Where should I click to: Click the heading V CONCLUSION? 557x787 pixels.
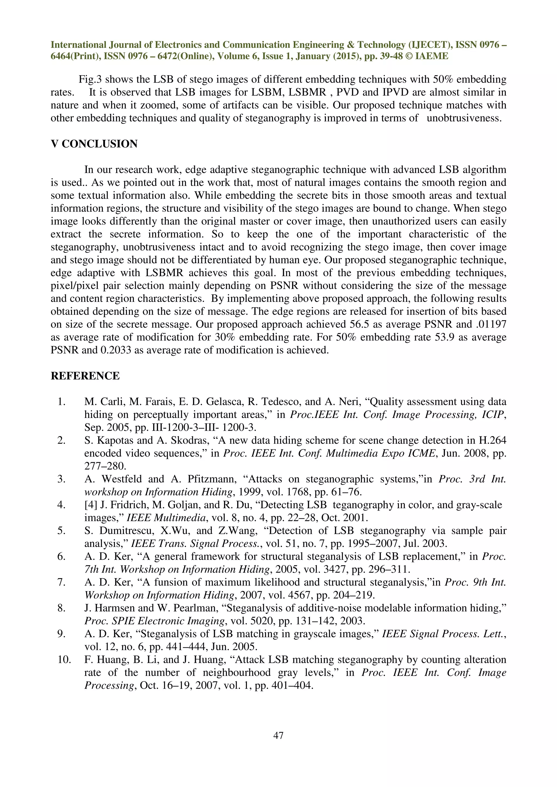tap(94, 144)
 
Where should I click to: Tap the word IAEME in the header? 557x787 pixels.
tap(432, 56)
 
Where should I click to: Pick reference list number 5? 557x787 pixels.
tap(61, 531)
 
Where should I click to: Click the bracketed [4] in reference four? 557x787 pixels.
tap(91, 505)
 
